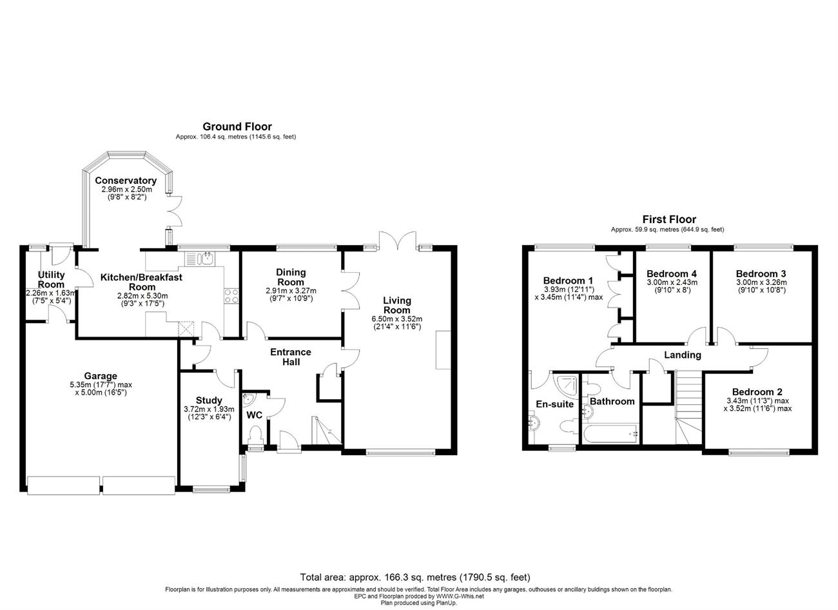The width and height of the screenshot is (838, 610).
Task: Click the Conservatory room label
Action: pyautogui.click(x=126, y=181)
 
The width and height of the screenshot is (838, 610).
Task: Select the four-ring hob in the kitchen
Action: pyautogui.click(x=231, y=295)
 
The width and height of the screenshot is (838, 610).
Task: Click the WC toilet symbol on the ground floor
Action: pyautogui.click(x=256, y=436)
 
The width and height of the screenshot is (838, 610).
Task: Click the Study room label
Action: pyautogui.click(x=209, y=400)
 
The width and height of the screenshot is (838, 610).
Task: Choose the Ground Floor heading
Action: pyautogui.click(x=237, y=126)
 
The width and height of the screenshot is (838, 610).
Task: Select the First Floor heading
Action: pyautogui.click(x=669, y=219)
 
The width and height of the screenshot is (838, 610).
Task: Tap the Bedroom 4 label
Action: pyautogui.click(x=672, y=273)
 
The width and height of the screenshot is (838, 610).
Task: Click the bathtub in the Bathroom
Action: pyautogui.click(x=610, y=434)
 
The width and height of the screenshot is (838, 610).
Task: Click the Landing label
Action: pyautogui.click(x=683, y=355)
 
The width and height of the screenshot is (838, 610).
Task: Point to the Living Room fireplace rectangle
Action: pyautogui.click(x=443, y=350)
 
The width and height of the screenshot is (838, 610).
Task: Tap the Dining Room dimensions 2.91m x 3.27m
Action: pyautogui.click(x=291, y=291)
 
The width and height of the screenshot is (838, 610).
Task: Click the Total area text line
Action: pyautogui.click(x=415, y=578)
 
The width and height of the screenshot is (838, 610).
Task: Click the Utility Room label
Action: pyautogui.click(x=51, y=280)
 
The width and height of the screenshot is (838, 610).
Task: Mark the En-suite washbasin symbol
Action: pyautogui.click(x=534, y=422)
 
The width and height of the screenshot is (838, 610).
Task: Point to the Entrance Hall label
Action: pyautogui.click(x=291, y=357)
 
